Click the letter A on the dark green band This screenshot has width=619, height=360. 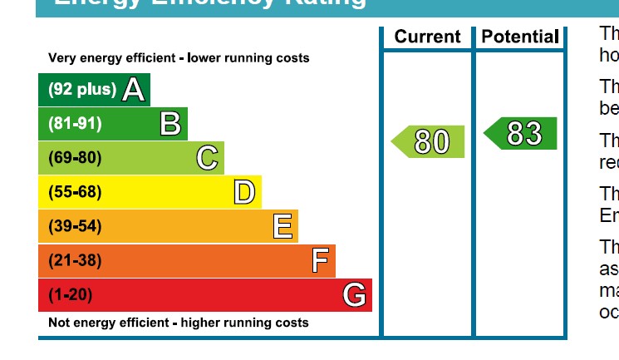point(134,90)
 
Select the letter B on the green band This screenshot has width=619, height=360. point(170,124)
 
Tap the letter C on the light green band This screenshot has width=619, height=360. point(207,158)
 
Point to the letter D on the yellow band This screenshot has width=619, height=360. point(243,192)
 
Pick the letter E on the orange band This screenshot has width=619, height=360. point(282,226)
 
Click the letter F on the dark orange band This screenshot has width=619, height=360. point(320,261)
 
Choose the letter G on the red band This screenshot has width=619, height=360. point(355,295)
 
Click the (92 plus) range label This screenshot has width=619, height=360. point(82,90)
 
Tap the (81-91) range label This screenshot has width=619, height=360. point(75,124)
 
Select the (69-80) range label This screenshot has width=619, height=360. point(75,158)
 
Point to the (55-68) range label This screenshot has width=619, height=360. point(75,192)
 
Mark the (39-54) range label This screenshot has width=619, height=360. point(75,226)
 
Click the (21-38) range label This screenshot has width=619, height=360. point(75,261)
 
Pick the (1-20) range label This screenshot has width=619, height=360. point(71,295)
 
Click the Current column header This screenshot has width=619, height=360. point(427,37)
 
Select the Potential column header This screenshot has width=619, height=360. point(520,37)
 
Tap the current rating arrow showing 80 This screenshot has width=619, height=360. point(429,141)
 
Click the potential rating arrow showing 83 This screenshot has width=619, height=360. point(521,134)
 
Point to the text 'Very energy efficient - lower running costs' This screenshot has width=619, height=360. point(179,58)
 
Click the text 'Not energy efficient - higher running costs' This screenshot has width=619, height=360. point(179,323)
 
